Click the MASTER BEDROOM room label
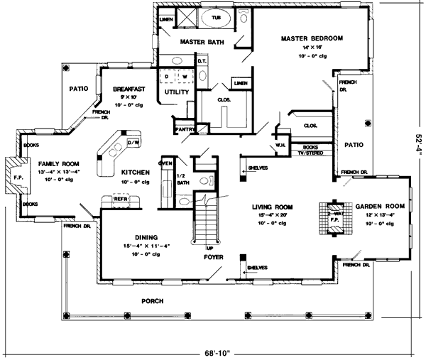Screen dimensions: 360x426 point(312,38)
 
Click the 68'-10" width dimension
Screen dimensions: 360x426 point(212,352)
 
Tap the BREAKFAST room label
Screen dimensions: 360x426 point(129,89)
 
